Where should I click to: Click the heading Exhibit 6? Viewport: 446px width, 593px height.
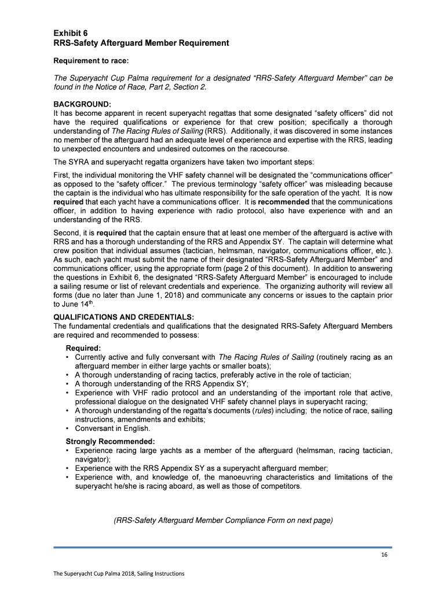71,32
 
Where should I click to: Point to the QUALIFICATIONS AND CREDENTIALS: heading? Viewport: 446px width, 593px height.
123,317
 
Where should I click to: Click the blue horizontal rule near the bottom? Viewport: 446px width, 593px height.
222,547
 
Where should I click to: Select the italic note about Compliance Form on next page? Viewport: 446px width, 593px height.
223,520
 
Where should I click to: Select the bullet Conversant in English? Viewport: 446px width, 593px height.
112,429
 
